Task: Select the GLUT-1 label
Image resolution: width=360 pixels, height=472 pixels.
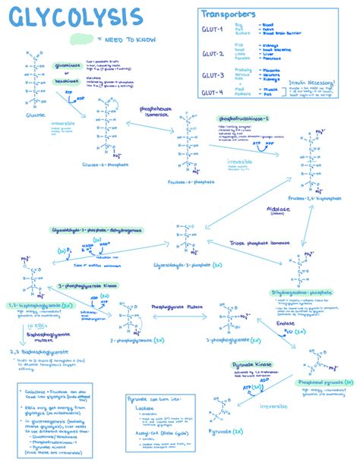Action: pos(212,30)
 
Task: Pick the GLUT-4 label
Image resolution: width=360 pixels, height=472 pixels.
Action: pos(212,93)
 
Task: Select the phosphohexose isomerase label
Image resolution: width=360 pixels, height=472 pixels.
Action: pos(157,112)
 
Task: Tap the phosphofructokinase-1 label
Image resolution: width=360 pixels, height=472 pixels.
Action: pos(244,120)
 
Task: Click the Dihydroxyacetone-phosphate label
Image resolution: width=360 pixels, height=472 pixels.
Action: pos(302,292)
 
